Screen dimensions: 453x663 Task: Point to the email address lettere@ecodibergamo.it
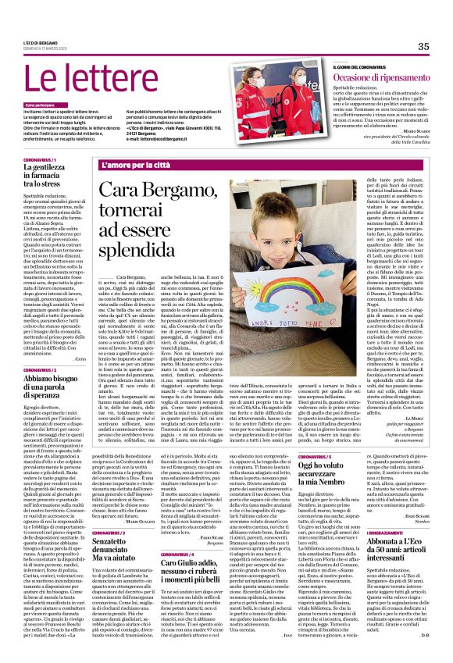click(163, 138)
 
